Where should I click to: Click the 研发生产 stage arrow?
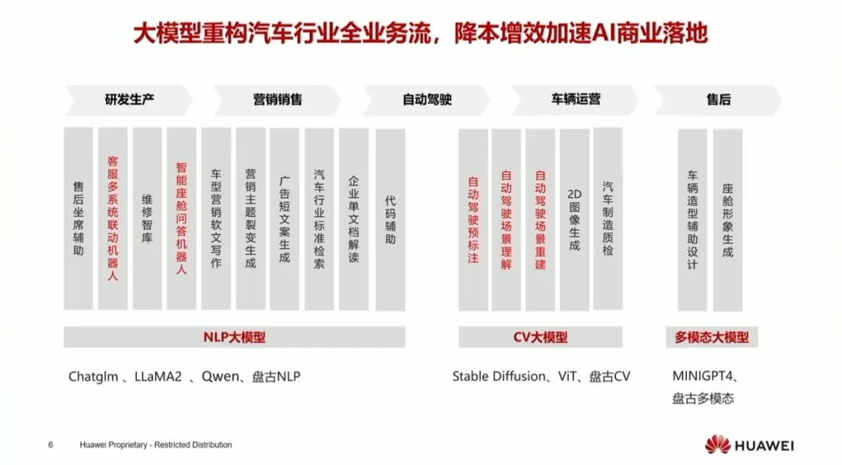click(129, 100)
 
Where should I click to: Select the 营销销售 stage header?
click(278, 100)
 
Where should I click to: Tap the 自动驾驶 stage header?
click(426, 100)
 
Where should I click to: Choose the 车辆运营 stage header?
click(575, 100)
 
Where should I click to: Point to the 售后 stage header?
click(718, 100)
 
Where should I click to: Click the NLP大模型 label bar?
click(234, 337)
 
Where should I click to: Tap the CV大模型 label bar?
click(540, 337)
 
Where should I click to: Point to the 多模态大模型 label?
click(712, 337)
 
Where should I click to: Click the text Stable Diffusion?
click(499, 377)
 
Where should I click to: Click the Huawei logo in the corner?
click(717, 445)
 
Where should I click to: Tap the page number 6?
click(51, 445)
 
